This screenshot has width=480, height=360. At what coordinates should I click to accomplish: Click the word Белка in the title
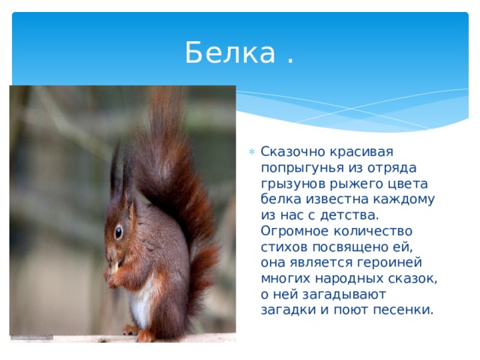(x=230, y=52)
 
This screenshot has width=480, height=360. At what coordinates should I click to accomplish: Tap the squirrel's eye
(x=118, y=232)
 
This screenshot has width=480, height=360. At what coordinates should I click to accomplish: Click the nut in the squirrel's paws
(x=115, y=267)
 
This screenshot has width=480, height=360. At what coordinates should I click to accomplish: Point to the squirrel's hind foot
(x=145, y=335)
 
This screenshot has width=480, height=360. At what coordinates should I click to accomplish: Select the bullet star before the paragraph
(x=252, y=151)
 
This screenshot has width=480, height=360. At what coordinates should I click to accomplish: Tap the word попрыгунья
(x=303, y=168)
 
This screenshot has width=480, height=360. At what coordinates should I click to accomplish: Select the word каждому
(x=404, y=199)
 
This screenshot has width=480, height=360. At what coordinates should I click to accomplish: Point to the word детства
(x=349, y=215)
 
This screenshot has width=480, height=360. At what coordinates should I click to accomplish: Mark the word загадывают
(x=344, y=295)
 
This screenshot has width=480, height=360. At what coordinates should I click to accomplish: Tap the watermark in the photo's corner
(x=31, y=337)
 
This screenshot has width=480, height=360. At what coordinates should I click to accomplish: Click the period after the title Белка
(x=290, y=61)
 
